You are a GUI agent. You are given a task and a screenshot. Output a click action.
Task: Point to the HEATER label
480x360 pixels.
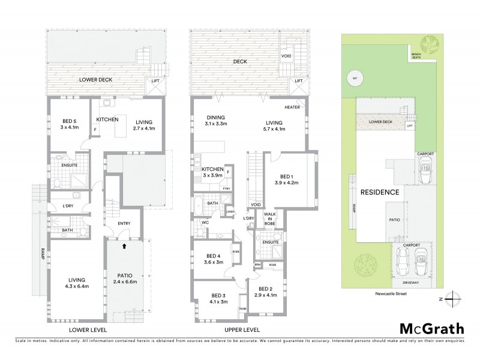(292, 107)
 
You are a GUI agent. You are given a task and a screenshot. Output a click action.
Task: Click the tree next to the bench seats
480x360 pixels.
(430, 43)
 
